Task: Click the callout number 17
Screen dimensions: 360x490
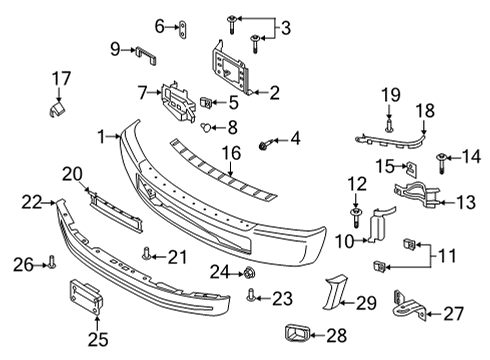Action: tap(62, 77)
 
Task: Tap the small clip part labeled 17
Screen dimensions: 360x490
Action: tap(59, 102)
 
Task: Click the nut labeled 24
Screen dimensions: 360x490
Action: tap(249, 271)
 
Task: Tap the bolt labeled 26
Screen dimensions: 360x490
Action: tap(53, 263)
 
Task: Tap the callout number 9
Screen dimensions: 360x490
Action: tap(115, 47)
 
